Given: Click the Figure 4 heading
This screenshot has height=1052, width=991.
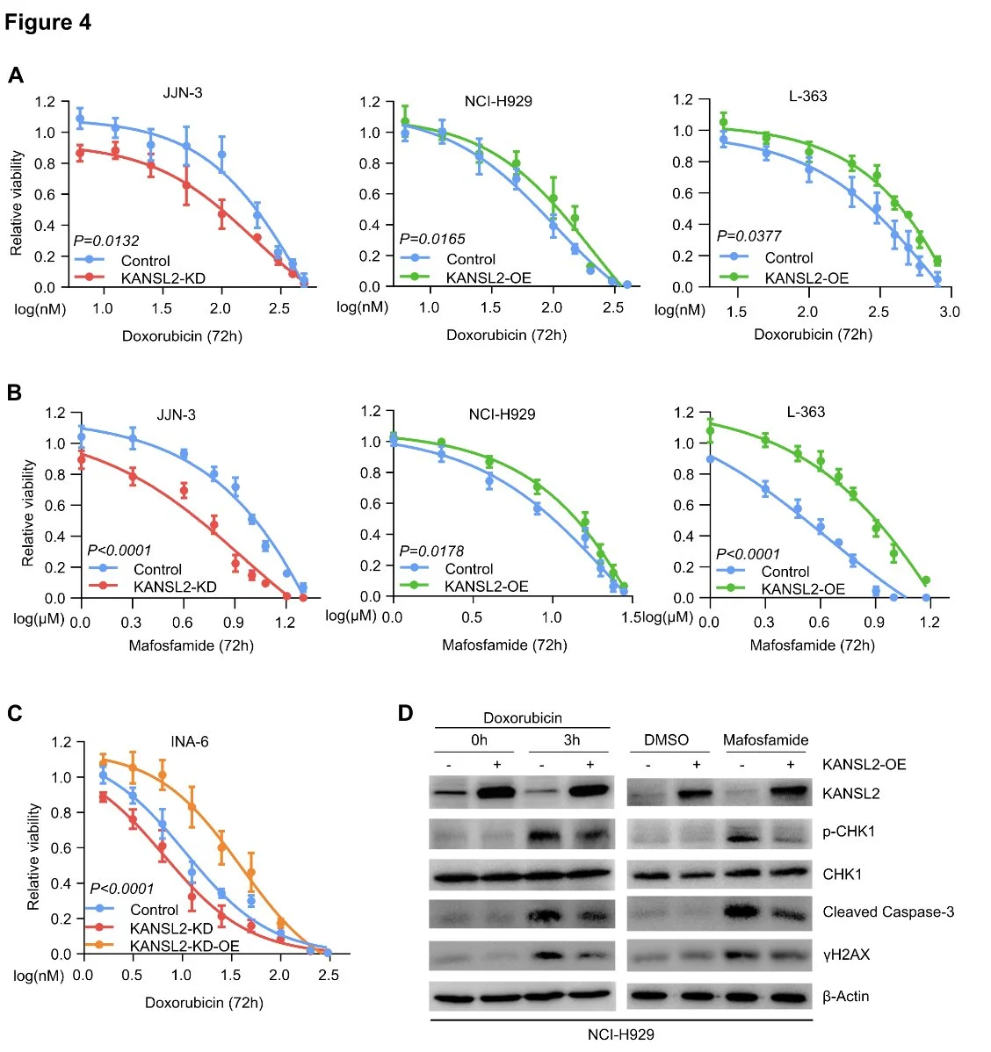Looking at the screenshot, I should pos(48,22).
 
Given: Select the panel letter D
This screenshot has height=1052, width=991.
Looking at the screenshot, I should pos(405,712).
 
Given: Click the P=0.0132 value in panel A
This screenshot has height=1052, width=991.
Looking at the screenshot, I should pos(106,241).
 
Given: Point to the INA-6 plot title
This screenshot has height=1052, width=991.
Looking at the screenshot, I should pos(190,742).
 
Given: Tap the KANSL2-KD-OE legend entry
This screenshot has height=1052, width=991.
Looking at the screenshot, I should pos(184,946).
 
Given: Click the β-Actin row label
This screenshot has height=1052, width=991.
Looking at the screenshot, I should pos(846,996).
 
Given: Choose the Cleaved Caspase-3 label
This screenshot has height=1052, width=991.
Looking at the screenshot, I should pos(888,911).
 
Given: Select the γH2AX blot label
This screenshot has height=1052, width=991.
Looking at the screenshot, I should pos(846,954).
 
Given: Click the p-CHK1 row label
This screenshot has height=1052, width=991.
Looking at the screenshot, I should pos(849,831).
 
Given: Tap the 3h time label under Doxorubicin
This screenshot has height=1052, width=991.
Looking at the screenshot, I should pos(571,739).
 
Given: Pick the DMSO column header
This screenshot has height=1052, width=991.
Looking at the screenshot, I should pos(666,739).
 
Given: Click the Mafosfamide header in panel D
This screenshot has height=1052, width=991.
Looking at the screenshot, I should pos(765,739).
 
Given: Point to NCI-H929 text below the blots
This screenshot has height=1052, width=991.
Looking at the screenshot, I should pos(620,1034).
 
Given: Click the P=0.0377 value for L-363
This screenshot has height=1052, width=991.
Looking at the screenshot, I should pos(749,235).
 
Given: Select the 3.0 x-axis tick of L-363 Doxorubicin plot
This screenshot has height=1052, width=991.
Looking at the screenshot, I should pos(950,312).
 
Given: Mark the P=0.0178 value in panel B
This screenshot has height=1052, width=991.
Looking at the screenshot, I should pos(431,551).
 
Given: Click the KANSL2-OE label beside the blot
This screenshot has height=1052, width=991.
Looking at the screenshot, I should pos(864,764).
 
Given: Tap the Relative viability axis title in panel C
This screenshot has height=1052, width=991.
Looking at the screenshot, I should pos(33,856).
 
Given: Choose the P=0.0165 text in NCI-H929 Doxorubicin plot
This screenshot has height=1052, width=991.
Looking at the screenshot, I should pos(432,238).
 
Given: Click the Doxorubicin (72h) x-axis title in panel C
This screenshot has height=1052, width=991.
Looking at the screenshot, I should pos(204,1002).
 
